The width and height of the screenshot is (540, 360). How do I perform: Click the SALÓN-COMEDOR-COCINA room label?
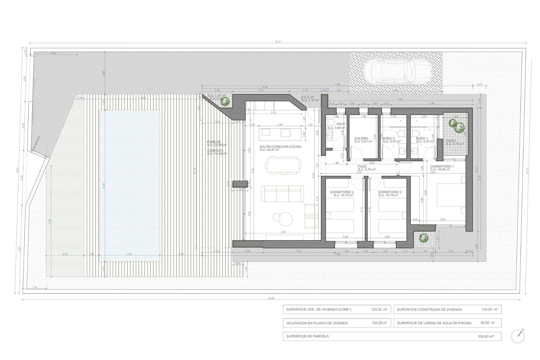[x=280, y=147]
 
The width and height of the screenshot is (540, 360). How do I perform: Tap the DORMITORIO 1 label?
[x=442, y=166]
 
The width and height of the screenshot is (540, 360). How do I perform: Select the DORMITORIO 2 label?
[x=390, y=192]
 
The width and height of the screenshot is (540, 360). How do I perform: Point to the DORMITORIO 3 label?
[x=342, y=192]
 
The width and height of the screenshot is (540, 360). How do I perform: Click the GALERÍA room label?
[x=361, y=138]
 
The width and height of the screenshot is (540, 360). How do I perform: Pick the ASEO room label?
[x=341, y=124]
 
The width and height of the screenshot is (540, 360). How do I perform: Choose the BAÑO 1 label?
[x=422, y=138]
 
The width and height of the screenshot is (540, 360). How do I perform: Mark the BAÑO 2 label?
[x=389, y=138]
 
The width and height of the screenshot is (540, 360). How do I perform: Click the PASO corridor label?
[x=362, y=166]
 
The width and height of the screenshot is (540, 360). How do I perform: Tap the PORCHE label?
[x=214, y=142]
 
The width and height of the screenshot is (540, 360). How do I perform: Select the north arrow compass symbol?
[x=518, y=336]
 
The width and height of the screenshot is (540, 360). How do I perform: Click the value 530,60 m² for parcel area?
[x=486, y=336]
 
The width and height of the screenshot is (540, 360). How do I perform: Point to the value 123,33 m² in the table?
[x=379, y=309]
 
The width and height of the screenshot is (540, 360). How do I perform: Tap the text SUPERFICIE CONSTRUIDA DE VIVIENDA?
[x=429, y=309]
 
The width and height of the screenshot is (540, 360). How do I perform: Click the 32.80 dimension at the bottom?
[x=271, y=298]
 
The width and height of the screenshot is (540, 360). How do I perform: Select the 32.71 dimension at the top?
[x=278, y=42]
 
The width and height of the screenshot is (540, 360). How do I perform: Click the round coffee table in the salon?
[x=283, y=219]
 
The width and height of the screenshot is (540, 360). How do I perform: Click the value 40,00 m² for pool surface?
[x=488, y=323]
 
